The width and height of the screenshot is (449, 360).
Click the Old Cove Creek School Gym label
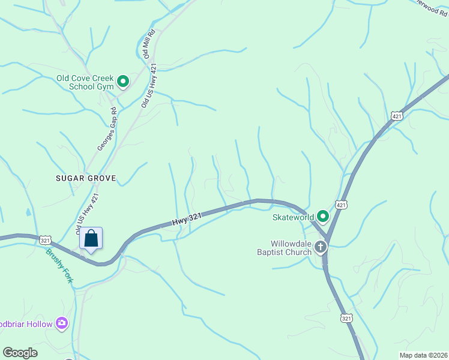(x=84, y=82)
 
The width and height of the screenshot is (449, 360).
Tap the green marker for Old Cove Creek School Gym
(x=123, y=81)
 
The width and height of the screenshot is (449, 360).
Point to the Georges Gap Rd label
(x=106, y=129)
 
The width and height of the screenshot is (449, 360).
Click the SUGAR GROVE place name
(x=85, y=179)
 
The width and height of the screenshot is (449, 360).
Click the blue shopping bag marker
(x=91, y=239)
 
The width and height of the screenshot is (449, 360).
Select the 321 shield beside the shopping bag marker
(x=46, y=240)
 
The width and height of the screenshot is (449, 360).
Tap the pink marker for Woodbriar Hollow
(x=62, y=324)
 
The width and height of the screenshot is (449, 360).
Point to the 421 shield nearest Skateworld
(x=340, y=205)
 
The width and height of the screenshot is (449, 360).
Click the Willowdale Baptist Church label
(x=282, y=248)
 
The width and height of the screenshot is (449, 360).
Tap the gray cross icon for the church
(x=321, y=247)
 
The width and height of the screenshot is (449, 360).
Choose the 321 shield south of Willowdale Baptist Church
(x=346, y=318)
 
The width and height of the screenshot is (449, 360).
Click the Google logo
(x=20, y=353)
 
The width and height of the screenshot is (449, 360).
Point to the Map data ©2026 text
(x=423, y=355)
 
